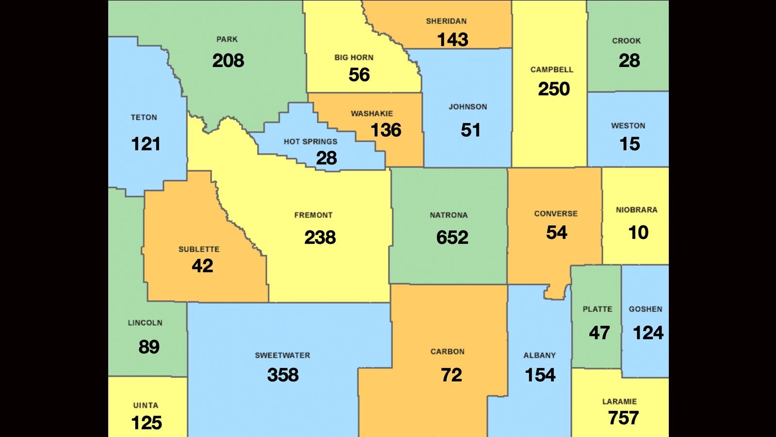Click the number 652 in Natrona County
point(452,237)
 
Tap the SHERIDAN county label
point(446,21)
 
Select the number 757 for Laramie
point(623,418)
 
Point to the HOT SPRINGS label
point(310,142)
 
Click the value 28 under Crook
point(629,61)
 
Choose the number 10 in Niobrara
point(638,233)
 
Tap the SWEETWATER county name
point(282,355)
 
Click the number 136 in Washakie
point(386,130)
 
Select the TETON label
point(144,118)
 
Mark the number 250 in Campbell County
point(553,89)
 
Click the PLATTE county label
point(597,309)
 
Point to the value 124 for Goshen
point(648,333)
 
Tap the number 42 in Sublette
point(202,266)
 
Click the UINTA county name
point(145,405)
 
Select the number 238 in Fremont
point(320,237)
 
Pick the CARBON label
point(447,352)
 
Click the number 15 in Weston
point(630,144)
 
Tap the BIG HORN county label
point(354,58)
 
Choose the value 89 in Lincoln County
point(148,347)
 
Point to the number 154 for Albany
point(540,375)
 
